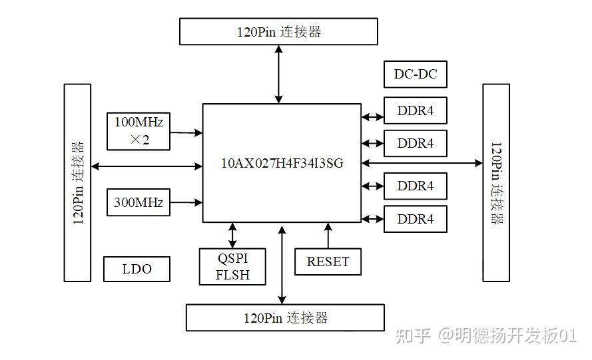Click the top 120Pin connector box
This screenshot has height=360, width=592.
point(278,31)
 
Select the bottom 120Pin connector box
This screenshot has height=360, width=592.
point(285,317)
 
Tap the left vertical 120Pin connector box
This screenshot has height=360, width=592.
point(77,182)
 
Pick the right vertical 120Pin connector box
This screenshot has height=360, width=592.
point(495,182)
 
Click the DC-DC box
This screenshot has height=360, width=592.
point(416,74)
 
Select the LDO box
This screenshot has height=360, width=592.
point(137,269)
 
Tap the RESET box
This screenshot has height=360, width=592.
point(328,262)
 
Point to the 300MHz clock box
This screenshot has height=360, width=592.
point(139,202)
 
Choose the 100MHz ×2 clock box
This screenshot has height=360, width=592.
point(139,130)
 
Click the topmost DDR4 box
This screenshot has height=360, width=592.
point(416,110)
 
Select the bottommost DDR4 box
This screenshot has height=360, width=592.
point(416,219)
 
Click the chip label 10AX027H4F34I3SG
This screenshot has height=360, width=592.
point(282,163)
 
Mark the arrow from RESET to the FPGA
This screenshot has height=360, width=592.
point(328,236)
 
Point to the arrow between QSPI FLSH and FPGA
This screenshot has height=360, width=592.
point(232,236)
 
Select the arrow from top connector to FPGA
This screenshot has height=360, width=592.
point(278,74)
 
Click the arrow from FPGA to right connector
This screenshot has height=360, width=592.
point(422,163)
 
